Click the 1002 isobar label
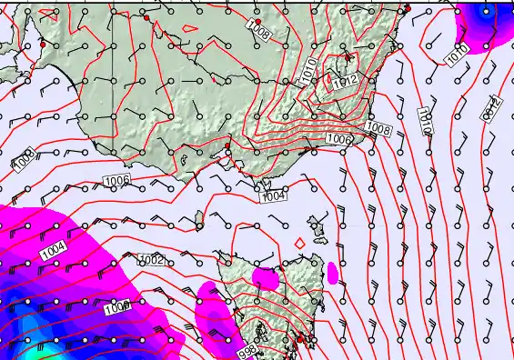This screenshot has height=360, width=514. (151, 260)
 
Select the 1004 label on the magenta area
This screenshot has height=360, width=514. (54, 248)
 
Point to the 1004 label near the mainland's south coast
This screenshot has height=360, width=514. (273, 195)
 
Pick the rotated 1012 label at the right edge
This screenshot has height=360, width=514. (492, 109)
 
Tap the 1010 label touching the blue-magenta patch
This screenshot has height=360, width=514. (457, 54)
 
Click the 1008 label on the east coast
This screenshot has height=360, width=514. (379, 129)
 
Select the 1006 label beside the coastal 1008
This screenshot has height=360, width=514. (339, 139)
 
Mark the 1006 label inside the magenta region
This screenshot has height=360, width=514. (117, 308)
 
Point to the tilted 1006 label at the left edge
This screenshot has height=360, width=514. (25, 161)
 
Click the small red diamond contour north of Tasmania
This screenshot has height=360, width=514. (299, 243)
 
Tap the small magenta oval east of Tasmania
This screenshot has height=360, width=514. (332, 272)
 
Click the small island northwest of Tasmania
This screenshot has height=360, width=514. (198, 218)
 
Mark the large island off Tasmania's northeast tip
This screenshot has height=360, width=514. (318, 224)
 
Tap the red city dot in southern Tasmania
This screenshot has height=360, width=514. (299, 339)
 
